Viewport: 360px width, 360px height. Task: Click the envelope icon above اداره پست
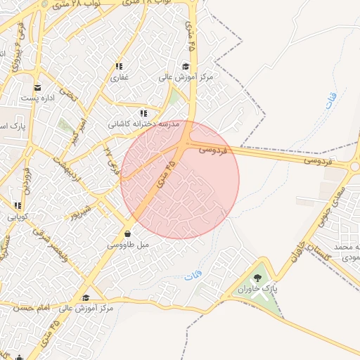(x=37, y=88)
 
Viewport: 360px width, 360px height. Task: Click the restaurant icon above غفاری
(x=118, y=67)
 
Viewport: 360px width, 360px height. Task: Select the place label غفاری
(x=118, y=77)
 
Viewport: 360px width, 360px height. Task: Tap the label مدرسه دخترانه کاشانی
(x=142, y=123)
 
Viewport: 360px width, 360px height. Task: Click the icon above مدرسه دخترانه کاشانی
(x=143, y=112)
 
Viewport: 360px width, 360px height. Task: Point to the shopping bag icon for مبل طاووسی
(x=127, y=234)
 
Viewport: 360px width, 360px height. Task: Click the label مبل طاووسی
(x=127, y=245)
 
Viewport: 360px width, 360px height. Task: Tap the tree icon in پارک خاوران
(x=257, y=278)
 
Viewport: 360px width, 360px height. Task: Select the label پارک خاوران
(x=257, y=290)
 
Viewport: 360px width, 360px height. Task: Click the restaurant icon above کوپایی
(x=18, y=206)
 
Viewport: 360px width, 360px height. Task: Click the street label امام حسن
(x=35, y=307)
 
